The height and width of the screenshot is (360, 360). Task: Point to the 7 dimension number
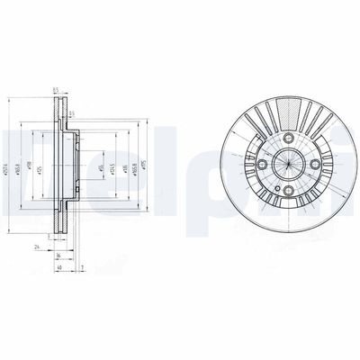point(81,267)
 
